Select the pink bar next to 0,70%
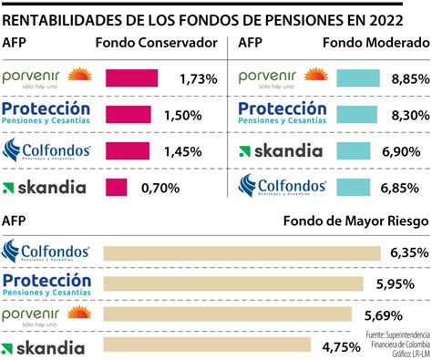tap(116, 187)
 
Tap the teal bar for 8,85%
tap(363, 78)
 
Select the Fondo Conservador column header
tap(156, 43)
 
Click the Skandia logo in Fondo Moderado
tap(276, 149)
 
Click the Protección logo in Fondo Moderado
tap(282, 113)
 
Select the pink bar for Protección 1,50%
tap(128, 114)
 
